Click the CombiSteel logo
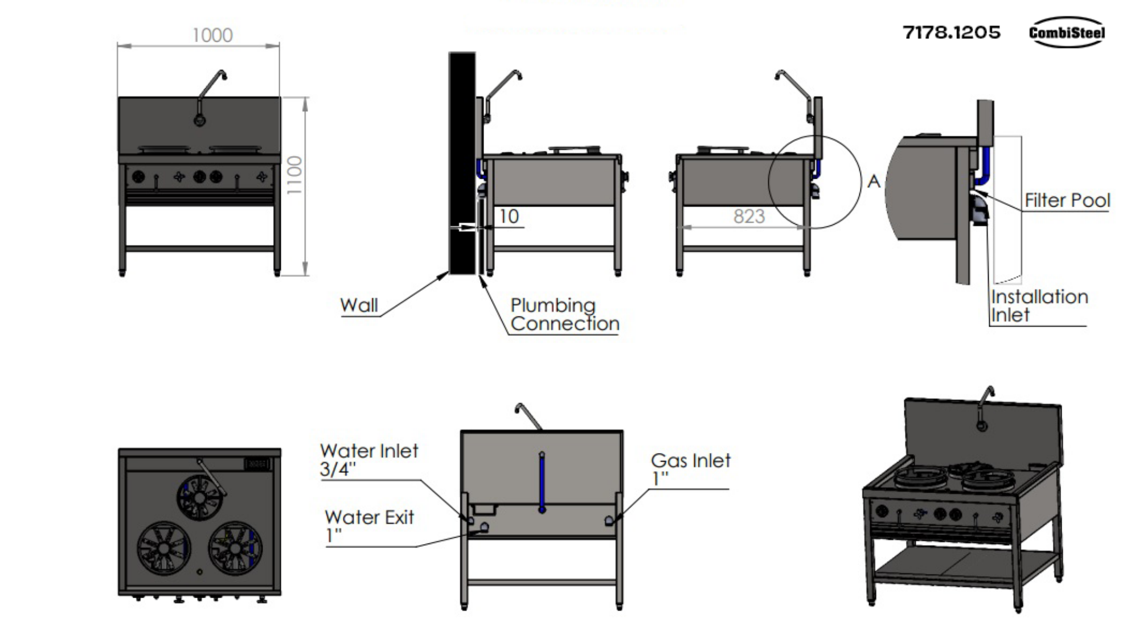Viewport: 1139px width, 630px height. tap(1066, 32)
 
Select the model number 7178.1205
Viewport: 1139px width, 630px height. tap(951, 32)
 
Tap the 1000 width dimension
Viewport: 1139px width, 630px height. tap(212, 35)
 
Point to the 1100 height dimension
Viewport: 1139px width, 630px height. tap(294, 175)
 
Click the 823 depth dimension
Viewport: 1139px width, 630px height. tap(748, 216)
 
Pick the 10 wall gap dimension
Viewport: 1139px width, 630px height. tap(509, 216)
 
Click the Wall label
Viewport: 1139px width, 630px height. tap(359, 305)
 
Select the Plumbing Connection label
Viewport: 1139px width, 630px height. tap(564, 314)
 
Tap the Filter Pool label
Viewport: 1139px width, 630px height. tap(1067, 200)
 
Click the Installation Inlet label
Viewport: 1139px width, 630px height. tap(1038, 306)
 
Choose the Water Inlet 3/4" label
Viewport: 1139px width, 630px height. tap(368, 459)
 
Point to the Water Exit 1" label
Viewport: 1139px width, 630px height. tap(368, 525)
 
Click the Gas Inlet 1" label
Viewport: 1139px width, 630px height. tap(690, 468)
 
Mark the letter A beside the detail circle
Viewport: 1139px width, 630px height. tap(874, 182)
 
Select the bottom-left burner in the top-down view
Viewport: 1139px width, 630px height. tap(164, 548)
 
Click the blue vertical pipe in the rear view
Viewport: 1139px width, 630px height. tap(542, 481)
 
